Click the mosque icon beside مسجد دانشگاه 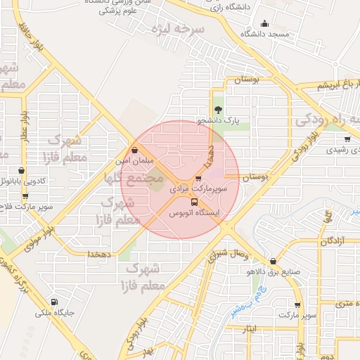click(264, 23)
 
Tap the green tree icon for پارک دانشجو click(219, 109)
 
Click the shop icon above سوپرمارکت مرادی click(198, 179)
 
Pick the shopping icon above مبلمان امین click(134, 150)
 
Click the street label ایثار click(257, 328)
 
